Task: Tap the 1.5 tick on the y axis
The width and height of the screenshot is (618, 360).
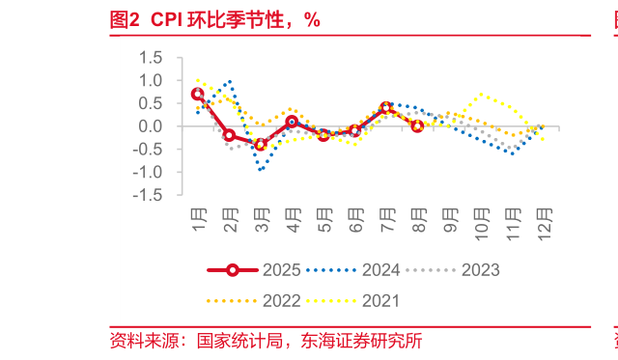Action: coord(150,58)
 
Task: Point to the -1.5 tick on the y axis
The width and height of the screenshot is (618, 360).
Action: coord(147,195)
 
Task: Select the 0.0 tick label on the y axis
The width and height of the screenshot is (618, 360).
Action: coord(150,126)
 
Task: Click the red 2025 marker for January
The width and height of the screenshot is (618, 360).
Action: coord(198,94)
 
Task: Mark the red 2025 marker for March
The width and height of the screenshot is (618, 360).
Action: coord(261,145)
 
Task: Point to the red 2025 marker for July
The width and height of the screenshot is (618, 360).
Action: coord(386,108)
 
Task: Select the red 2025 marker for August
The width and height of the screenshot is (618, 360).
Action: coord(417,125)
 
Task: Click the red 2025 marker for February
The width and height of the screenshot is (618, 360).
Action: coord(229,135)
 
